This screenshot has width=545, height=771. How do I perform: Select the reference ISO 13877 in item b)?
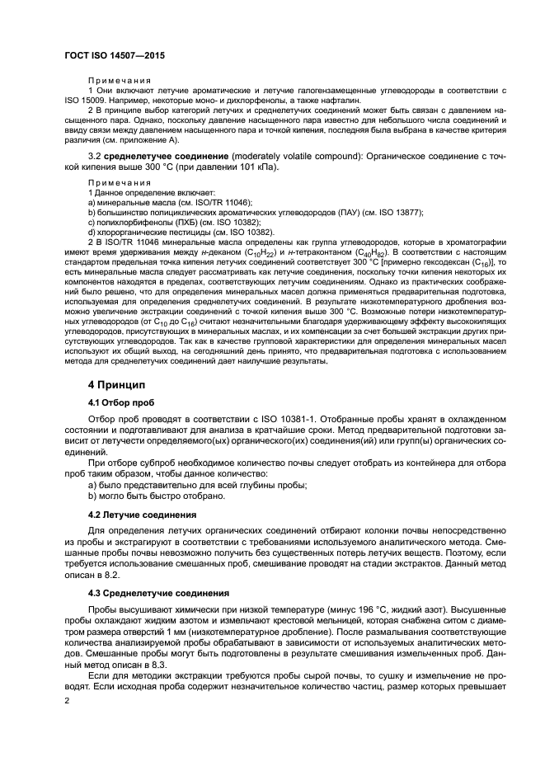click(x=401, y=212)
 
